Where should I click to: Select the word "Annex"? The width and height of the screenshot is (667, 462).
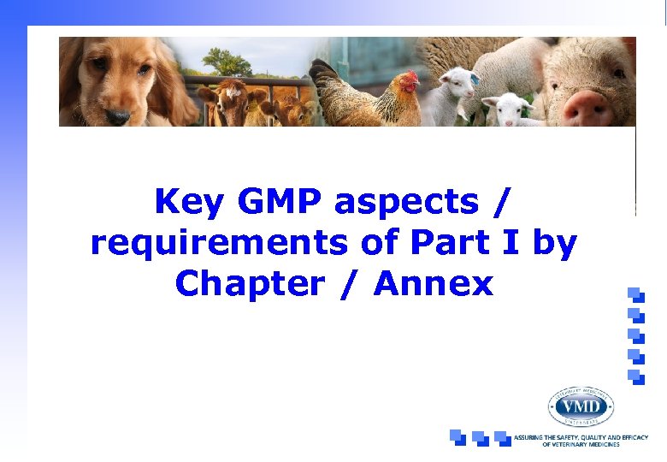(434, 283)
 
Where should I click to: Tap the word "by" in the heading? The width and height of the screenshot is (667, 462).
(554, 244)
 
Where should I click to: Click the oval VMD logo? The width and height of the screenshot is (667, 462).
(581, 406)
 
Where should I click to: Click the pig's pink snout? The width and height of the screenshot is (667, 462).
(589, 108)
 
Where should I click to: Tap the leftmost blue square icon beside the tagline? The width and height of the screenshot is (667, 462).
(458, 437)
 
